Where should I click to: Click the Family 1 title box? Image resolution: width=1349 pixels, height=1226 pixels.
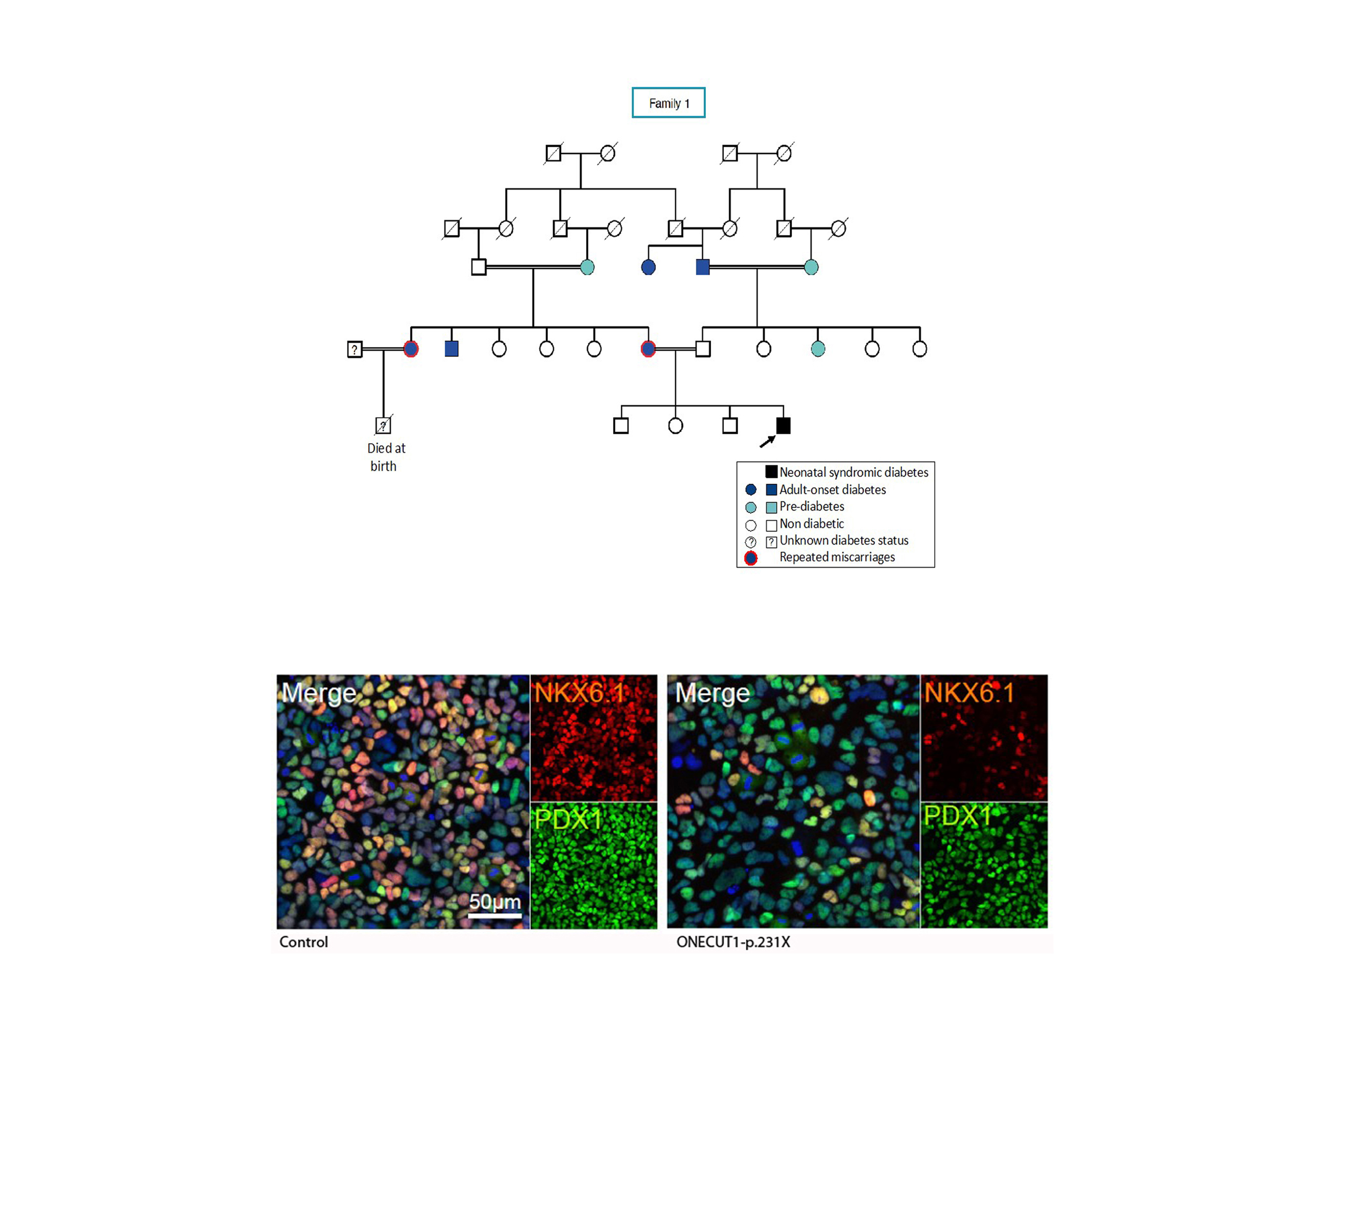pos(668,103)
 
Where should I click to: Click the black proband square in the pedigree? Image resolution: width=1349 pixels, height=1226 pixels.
pos(783,426)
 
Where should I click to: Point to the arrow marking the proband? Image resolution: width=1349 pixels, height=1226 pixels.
pos(767,441)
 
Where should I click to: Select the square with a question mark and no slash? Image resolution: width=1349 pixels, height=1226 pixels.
pos(354,349)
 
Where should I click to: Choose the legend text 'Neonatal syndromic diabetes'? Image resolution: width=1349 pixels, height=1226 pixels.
pos(853,473)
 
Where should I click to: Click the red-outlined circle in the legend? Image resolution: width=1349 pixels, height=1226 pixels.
pos(751,558)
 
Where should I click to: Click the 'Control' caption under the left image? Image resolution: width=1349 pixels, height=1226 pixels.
pos(304,942)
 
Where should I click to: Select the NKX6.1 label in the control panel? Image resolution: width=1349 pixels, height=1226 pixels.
pos(579,693)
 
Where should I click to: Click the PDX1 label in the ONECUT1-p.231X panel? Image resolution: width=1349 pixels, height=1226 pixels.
pos(958,817)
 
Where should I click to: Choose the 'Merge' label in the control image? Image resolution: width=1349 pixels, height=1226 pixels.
pos(318,693)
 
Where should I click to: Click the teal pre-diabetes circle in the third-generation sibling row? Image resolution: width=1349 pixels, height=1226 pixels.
pos(817,349)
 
